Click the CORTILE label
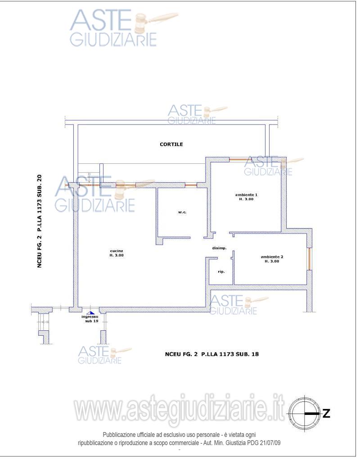171,144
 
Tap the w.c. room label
182,212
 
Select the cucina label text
117,251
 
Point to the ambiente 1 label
246,195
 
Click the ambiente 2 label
272,257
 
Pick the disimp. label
219,248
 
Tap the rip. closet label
221,272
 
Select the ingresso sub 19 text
90,319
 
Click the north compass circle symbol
305,414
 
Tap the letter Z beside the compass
326,414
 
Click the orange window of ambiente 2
309,259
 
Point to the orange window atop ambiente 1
240,160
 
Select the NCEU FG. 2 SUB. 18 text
211,354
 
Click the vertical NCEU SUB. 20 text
40,221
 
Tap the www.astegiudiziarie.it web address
179,409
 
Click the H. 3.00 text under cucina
117,255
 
